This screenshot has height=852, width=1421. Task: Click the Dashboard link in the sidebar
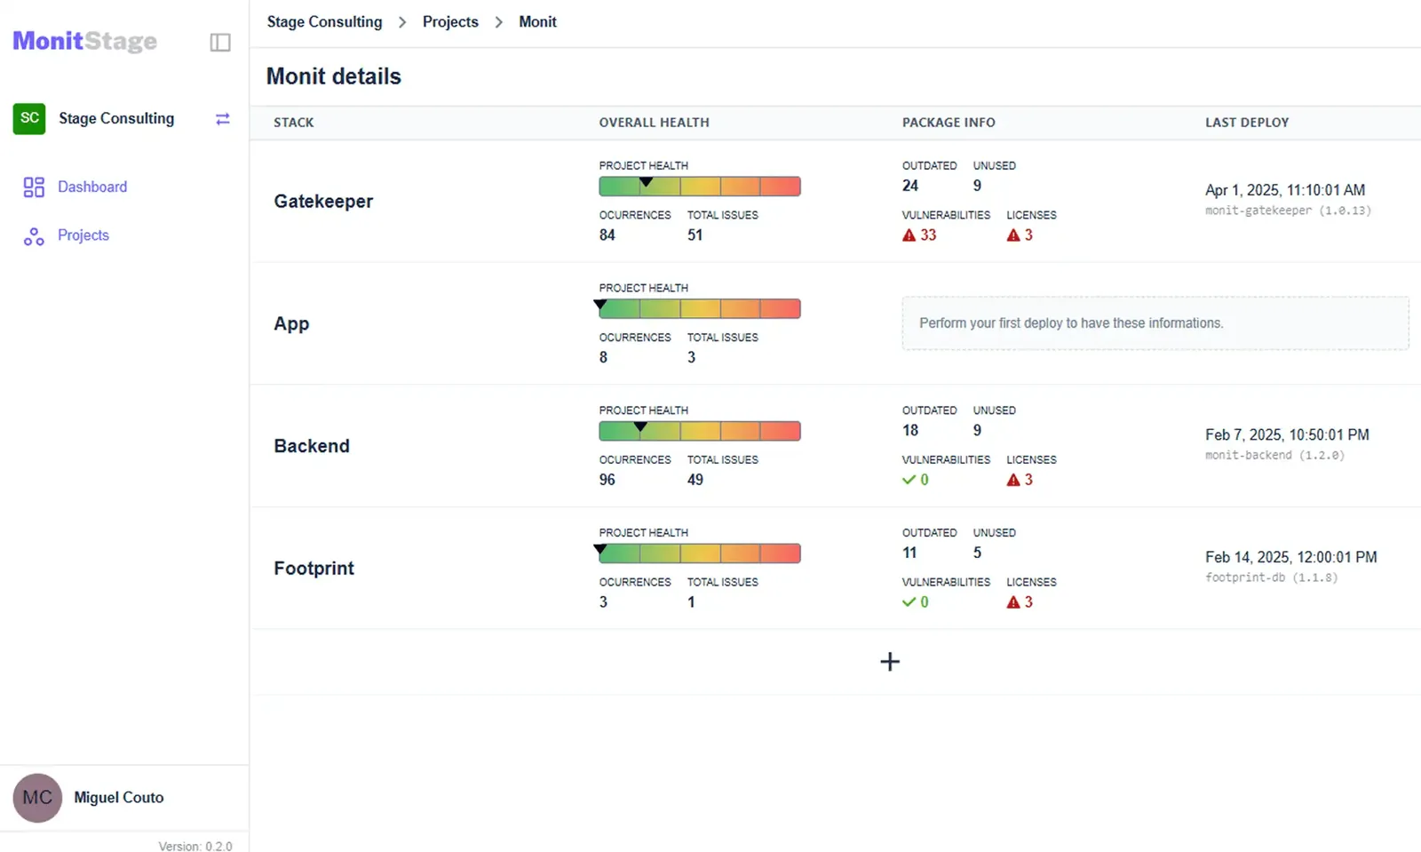(x=92, y=187)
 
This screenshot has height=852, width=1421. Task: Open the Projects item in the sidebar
(x=83, y=235)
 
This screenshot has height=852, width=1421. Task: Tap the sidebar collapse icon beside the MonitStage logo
(x=220, y=43)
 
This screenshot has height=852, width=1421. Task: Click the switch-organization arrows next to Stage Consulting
(x=223, y=119)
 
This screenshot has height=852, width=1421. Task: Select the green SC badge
(x=29, y=119)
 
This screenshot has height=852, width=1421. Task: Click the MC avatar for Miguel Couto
(x=37, y=798)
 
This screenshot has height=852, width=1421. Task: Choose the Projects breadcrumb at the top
(x=450, y=21)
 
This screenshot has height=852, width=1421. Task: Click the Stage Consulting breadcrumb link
(x=324, y=21)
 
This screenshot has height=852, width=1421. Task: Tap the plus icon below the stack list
(x=890, y=662)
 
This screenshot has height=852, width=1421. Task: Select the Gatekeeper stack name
(x=323, y=201)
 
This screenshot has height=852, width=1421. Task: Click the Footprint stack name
(x=314, y=568)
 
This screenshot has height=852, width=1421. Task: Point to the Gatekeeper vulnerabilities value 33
(x=928, y=235)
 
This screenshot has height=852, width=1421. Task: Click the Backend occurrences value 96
(x=607, y=480)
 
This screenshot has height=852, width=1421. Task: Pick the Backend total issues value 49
(x=695, y=480)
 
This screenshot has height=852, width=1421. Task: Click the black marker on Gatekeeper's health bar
(x=646, y=182)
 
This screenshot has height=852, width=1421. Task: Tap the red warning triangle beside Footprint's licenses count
(x=1013, y=602)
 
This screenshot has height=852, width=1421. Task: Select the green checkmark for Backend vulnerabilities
(x=909, y=480)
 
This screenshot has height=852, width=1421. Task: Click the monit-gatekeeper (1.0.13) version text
(x=1288, y=211)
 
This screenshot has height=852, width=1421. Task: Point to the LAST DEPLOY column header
(x=1247, y=123)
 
